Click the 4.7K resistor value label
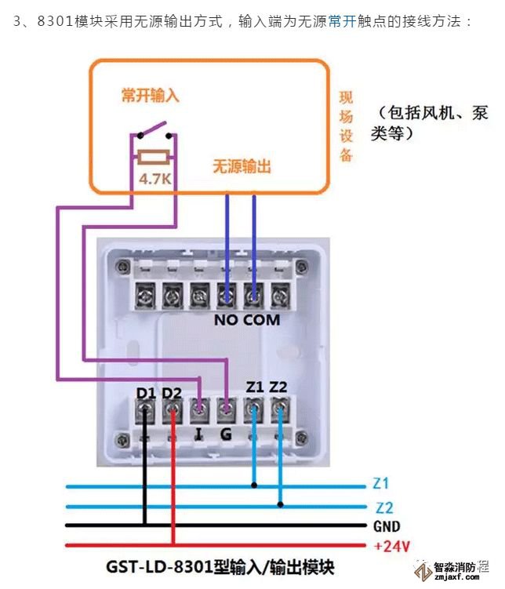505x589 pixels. click(154, 178)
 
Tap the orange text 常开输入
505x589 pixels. click(151, 96)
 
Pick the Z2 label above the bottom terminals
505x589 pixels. click(279, 387)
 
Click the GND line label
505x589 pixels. click(387, 526)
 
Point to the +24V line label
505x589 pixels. click(390, 545)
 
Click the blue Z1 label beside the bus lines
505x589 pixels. click(383, 484)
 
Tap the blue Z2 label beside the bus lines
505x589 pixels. click(384, 507)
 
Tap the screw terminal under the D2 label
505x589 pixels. click(172, 409)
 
